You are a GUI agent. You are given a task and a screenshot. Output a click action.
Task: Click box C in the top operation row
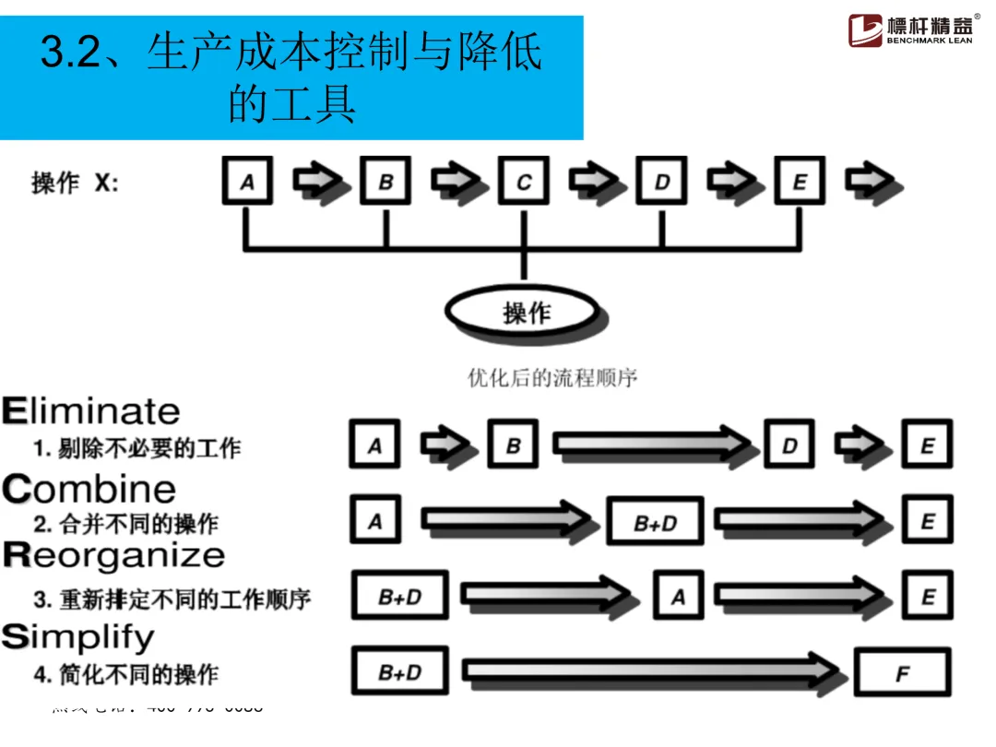524,181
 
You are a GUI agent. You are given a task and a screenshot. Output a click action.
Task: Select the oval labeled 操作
526,313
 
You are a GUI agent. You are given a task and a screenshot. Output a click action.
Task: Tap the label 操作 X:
75,183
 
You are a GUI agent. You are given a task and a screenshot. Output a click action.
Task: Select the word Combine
89,488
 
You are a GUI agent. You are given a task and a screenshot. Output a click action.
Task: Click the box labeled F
902,673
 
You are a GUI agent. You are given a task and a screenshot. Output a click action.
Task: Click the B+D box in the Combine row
655,522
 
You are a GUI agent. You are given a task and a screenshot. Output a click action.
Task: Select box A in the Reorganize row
678,597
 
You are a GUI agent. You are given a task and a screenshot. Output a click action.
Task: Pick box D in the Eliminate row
789,445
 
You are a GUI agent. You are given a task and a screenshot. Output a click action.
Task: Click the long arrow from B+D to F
655,671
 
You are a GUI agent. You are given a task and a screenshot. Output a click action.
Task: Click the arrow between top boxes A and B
317,181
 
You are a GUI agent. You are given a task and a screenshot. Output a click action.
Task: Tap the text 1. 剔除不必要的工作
137,449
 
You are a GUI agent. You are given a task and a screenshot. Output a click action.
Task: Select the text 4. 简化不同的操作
126,674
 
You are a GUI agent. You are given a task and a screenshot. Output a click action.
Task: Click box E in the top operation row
800,181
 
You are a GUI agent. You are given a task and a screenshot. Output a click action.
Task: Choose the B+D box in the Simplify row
400,672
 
